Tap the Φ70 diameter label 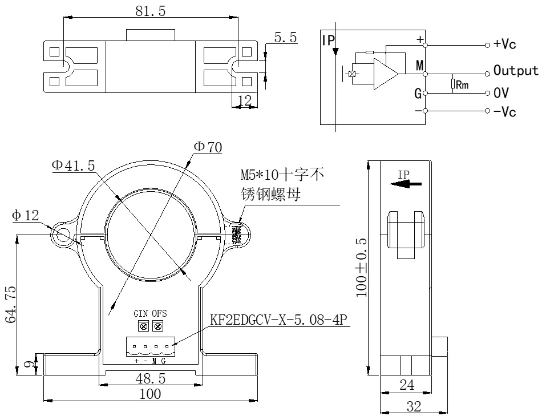[208, 147]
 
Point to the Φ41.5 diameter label [73, 165]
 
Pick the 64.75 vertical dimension [11, 305]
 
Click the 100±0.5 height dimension [361, 268]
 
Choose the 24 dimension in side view [406, 386]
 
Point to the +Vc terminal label [505, 45]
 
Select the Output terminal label [516, 70]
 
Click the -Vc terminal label [505, 111]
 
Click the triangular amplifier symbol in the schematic [385, 74]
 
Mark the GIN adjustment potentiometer [143, 326]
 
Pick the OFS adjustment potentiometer [157, 326]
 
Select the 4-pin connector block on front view [150, 346]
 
